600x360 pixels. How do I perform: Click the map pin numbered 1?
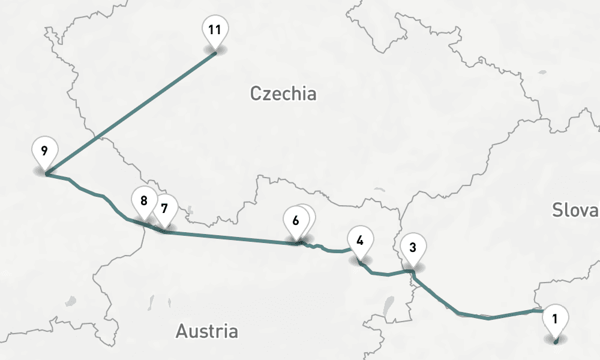tap(555, 320)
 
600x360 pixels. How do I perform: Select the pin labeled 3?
tap(413, 247)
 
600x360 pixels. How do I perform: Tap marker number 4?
tap(360, 241)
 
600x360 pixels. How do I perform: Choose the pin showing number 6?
tap(296, 220)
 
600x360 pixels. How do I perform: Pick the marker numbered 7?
tap(165, 209)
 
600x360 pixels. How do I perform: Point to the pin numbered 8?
tap(144, 201)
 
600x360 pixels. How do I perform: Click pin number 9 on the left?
tap(45, 151)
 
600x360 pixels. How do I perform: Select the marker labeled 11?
tap(215, 29)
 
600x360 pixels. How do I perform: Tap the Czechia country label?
tap(283, 94)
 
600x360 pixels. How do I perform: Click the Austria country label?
tap(206, 331)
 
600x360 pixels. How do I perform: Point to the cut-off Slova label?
tap(575, 210)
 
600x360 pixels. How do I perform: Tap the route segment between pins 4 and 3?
tap(387, 274)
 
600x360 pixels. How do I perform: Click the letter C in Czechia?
tap(256, 94)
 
